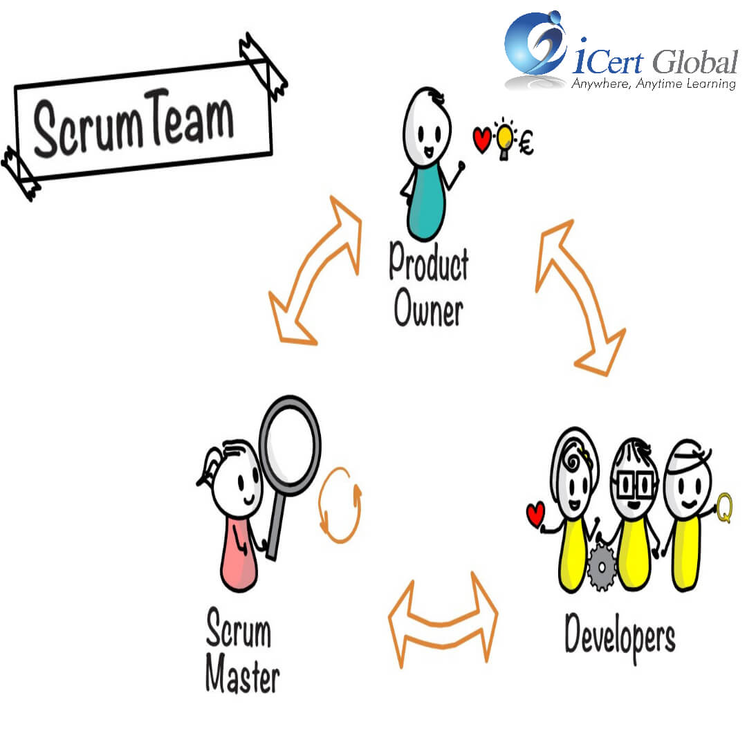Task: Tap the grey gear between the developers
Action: pyautogui.click(x=602, y=567)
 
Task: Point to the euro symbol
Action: pyautogui.click(x=526, y=143)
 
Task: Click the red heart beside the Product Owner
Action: pyautogui.click(x=482, y=139)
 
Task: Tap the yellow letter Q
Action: pyautogui.click(x=725, y=508)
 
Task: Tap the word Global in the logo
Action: pyautogui.click(x=695, y=62)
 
